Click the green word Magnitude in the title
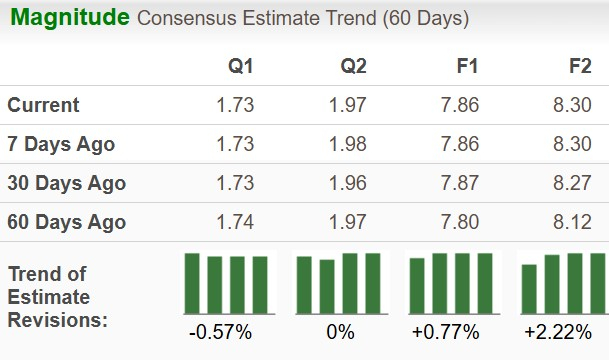pyautogui.click(x=66, y=18)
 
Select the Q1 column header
pyautogui.click(x=240, y=67)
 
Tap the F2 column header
pyautogui.click(x=580, y=67)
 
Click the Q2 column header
pyautogui.click(x=353, y=67)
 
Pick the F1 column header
pyautogui.click(x=467, y=67)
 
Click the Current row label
pyautogui.click(x=43, y=105)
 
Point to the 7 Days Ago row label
pyautogui.click(x=61, y=144)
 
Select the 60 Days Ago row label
pyautogui.click(x=66, y=222)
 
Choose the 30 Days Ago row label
pyautogui.click(x=66, y=183)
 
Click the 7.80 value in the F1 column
pyautogui.click(x=461, y=222)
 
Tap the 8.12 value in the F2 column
pyautogui.click(x=574, y=222)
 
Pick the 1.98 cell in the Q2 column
pyautogui.click(x=347, y=144)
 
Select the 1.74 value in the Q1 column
pyautogui.click(x=234, y=222)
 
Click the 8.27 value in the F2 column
pyautogui.click(x=574, y=183)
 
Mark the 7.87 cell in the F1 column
pyautogui.click(x=461, y=183)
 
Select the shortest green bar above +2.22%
pyautogui.click(x=530, y=289)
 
